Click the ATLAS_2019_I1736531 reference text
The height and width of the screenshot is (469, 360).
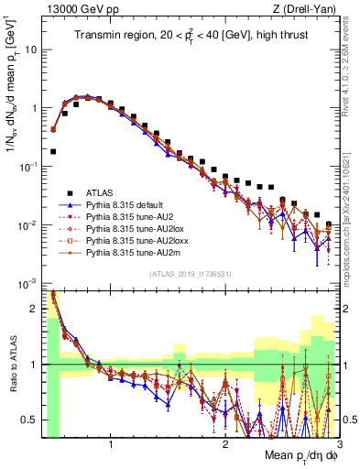point(190,274)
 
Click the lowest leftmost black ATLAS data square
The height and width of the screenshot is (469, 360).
point(53,151)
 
